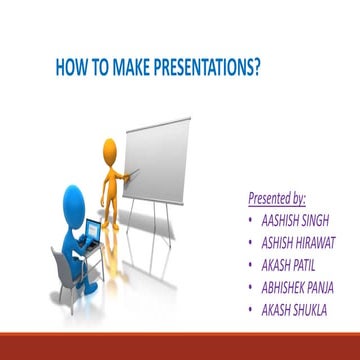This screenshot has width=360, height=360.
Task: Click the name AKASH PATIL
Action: tap(291, 265)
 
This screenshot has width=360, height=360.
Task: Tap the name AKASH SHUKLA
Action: tap(295, 311)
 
